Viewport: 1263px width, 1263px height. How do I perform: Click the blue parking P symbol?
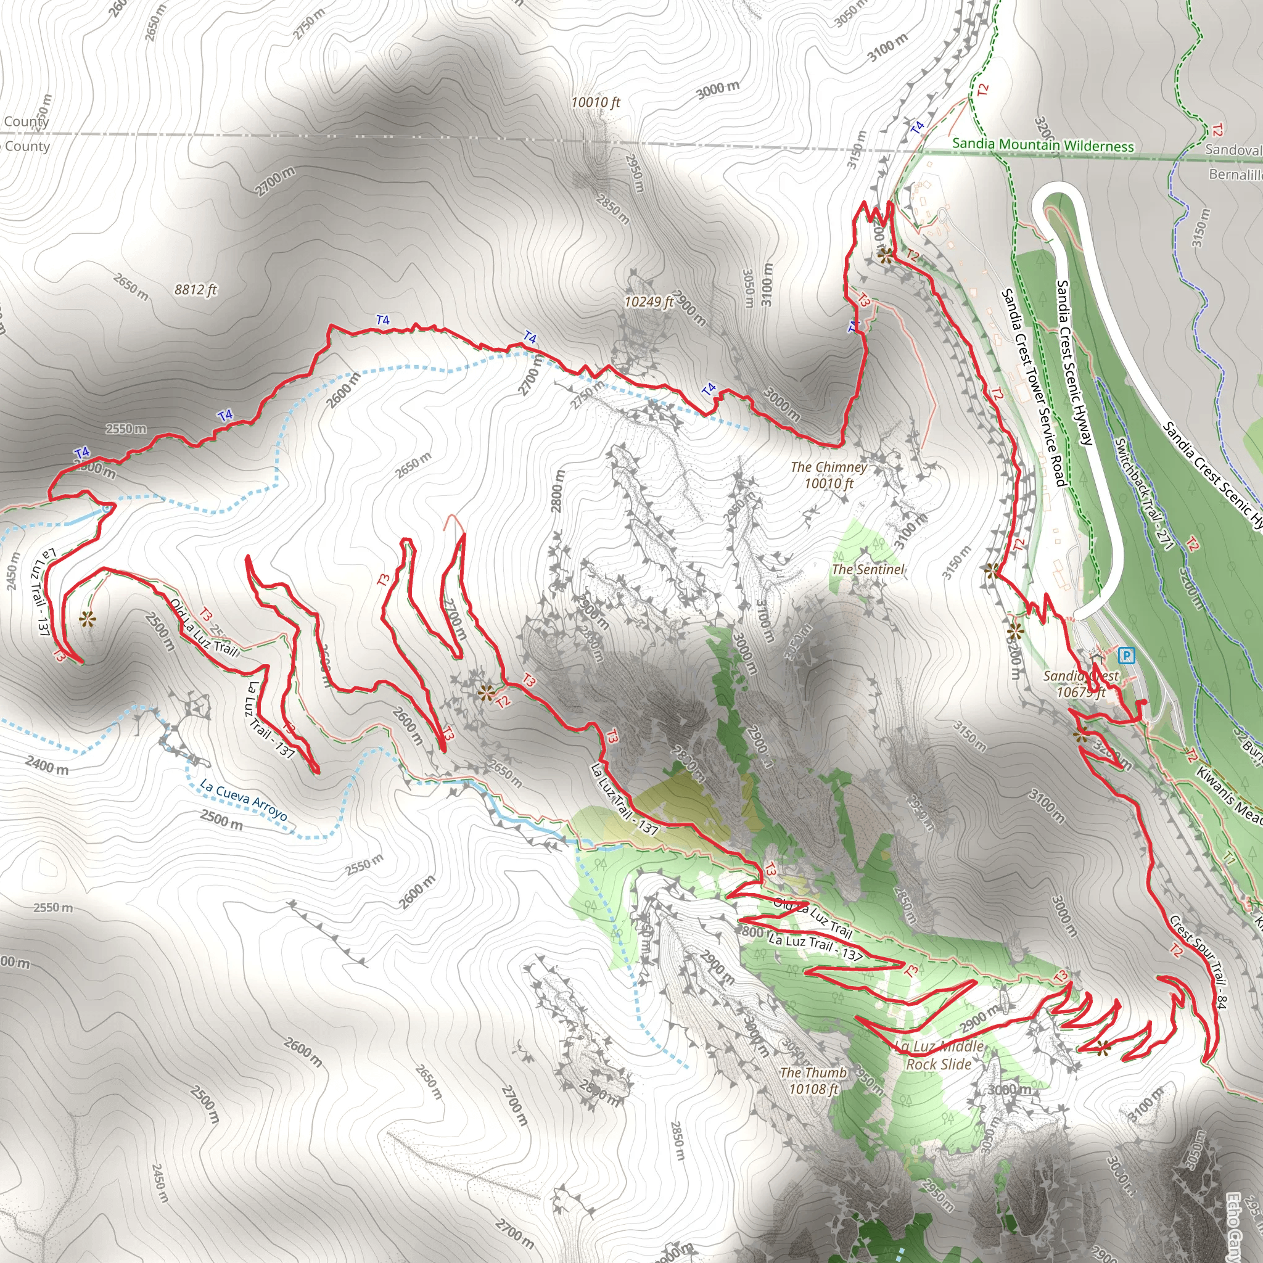coord(1125,654)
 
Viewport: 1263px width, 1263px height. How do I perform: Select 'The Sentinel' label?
coord(868,569)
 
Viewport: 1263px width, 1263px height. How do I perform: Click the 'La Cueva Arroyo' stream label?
coord(243,799)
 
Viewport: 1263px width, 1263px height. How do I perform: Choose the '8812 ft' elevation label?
coord(195,290)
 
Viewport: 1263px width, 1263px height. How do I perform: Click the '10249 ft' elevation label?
coord(649,302)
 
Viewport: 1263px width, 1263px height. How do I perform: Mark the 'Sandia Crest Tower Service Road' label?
coord(1034,388)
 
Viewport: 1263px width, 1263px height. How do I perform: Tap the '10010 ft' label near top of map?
coord(595,102)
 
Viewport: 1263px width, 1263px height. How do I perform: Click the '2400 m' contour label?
coord(47,764)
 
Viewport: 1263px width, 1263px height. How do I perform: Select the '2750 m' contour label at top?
coord(309,24)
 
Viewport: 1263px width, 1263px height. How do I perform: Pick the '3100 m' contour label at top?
coord(888,47)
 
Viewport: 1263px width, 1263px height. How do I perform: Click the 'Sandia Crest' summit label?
coord(1080,683)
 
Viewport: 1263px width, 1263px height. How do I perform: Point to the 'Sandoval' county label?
coord(1233,150)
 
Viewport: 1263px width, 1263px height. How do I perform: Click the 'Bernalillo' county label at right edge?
coord(1235,175)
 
